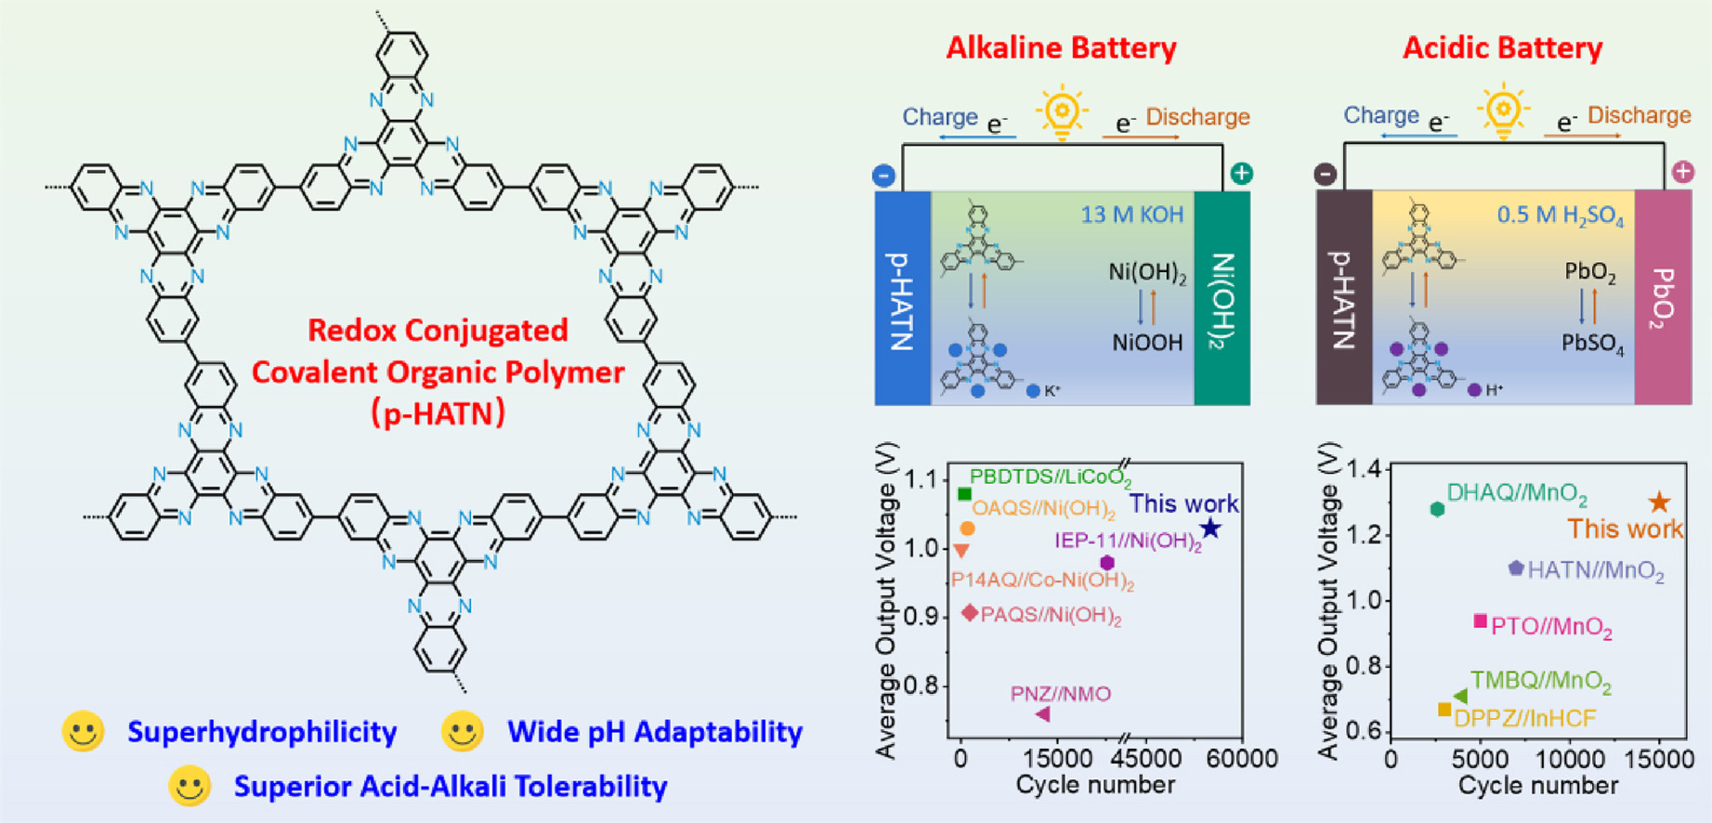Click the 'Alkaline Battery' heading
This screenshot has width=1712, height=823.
click(x=1061, y=48)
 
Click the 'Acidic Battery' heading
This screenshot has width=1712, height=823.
click(x=1502, y=48)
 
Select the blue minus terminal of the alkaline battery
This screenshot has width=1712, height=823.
click(x=883, y=175)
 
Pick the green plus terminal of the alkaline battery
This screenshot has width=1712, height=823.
click(x=1241, y=174)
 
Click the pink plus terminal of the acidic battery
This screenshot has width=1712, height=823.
click(x=1682, y=172)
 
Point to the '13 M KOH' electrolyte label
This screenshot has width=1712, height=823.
click(x=1131, y=216)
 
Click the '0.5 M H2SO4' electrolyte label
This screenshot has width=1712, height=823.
click(x=1560, y=216)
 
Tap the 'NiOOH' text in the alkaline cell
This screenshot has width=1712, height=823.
click(x=1147, y=343)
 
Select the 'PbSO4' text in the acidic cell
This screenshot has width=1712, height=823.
click(x=1592, y=344)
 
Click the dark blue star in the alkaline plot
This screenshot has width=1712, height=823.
click(x=1210, y=529)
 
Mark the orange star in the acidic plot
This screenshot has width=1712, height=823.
click(x=1659, y=503)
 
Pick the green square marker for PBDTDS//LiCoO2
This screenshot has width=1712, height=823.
click(x=964, y=494)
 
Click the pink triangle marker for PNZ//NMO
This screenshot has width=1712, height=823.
click(x=1042, y=714)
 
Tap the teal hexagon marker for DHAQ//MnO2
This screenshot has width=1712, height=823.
click(x=1437, y=509)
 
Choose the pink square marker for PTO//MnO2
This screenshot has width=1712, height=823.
click(x=1481, y=621)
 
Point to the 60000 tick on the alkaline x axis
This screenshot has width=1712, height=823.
click(x=1242, y=759)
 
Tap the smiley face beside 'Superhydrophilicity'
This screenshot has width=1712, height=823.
click(x=83, y=732)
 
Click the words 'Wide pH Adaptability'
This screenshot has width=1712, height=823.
click(x=654, y=732)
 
